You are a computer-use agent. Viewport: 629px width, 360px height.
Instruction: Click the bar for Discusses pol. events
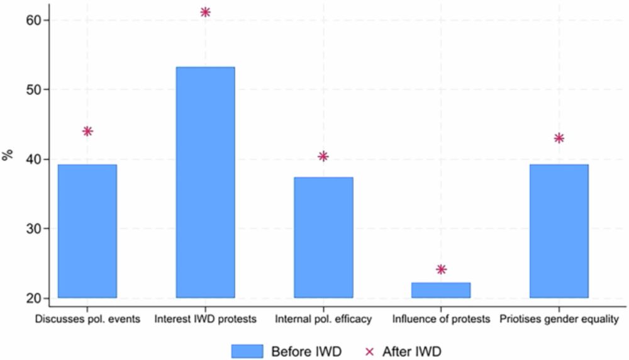tap(87, 231)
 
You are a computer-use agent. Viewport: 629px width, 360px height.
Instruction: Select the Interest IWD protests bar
tap(205, 183)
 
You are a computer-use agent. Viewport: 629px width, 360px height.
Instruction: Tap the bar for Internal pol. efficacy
tap(323, 237)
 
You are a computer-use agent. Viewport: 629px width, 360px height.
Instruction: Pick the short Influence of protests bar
tap(441, 290)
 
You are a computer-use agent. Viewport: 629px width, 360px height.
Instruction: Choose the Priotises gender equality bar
tap(559, 231)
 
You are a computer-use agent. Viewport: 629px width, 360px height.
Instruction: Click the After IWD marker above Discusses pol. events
tap(87, 131)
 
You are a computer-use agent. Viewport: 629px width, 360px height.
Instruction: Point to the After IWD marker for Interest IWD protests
tap(205, 12)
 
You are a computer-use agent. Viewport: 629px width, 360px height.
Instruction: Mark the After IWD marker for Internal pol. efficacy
tap(323, 156)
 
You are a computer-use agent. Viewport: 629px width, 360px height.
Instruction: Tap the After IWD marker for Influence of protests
tap(441, 269)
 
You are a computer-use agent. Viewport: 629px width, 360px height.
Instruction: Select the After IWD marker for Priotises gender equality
tap(559, 138)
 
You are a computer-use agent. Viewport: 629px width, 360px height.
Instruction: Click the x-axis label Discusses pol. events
tap(87, 319)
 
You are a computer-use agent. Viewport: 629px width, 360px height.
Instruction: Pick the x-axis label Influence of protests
tap(441, 319)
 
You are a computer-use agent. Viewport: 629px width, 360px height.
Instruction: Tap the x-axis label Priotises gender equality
tap(559, 319)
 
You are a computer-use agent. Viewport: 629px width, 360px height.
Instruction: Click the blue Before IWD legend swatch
tap(247, 351)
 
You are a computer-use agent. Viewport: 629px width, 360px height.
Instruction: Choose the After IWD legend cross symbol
tap(370, 351)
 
